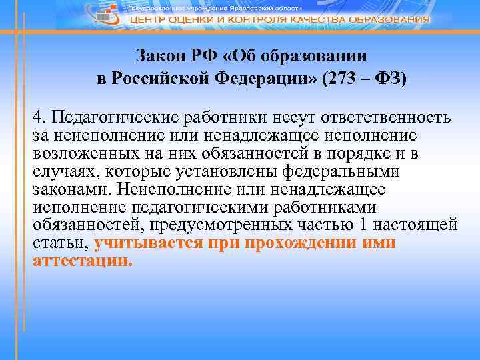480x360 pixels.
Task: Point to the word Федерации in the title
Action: pyautogui.click(x=259, y=77)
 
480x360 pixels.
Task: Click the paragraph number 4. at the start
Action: pyautogui.click(x=38, y=118)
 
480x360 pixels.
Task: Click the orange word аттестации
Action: pyautogui.click(x=83, y=261)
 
